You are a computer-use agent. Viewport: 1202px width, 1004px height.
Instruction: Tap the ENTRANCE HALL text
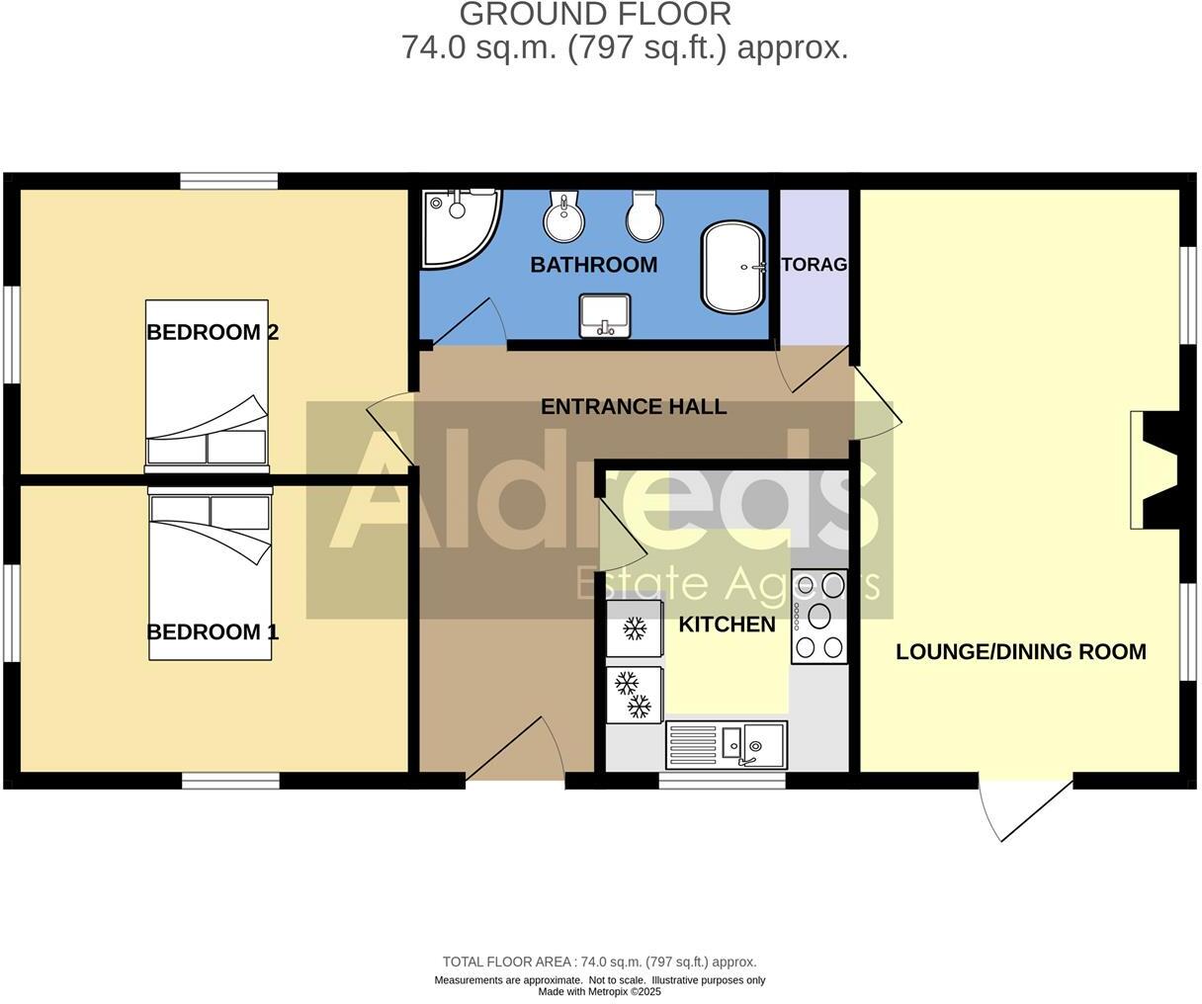[634, 406]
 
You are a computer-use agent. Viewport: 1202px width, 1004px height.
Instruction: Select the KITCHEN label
[727, 625]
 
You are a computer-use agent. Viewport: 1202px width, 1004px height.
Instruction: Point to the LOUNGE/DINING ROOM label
[1021, 652]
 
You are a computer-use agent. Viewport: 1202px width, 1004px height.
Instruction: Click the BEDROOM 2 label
[213, 332]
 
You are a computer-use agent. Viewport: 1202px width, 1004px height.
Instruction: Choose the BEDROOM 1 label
[213, 631]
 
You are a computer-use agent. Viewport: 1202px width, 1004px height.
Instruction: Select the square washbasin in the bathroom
[605, 315]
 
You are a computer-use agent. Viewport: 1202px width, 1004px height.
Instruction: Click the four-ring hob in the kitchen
[819, 618]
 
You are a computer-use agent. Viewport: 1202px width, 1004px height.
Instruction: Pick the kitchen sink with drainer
[727, 744]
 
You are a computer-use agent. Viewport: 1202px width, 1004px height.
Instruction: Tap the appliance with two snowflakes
[634, 696]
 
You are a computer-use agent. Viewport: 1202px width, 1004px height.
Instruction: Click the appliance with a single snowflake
[634, 628]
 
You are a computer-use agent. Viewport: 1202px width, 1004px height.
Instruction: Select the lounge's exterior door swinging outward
[1024, 805]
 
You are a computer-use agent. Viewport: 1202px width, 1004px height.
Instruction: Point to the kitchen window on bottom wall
[723, 781]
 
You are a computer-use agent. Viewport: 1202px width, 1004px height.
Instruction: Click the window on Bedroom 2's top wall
[228, 181]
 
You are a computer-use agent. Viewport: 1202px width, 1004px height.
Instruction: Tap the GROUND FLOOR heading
[596, 15]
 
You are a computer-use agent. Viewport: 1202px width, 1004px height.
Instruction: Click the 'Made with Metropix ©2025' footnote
[600, 992]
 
